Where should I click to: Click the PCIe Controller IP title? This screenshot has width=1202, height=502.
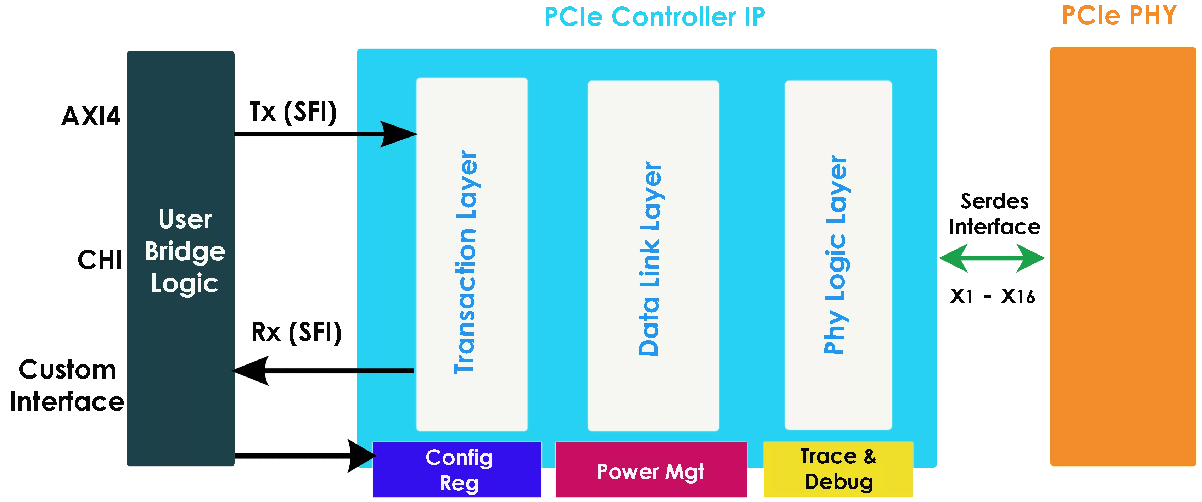654,18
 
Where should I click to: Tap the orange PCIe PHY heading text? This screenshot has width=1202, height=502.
1120,15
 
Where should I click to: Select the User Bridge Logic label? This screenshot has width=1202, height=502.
185,251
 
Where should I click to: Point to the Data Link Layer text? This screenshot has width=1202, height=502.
650,258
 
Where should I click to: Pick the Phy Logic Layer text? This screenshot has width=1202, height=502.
836,255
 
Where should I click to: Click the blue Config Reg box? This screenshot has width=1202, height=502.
457,470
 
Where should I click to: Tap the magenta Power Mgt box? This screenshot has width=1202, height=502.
651,471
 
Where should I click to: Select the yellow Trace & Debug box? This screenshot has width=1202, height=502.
838,469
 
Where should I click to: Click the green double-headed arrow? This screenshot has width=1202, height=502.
992,257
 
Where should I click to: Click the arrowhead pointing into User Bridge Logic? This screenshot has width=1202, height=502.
252,371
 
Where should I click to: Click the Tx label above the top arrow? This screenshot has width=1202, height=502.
293,112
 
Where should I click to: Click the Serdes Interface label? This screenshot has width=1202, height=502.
994,214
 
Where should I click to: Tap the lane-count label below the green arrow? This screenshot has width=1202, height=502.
992,296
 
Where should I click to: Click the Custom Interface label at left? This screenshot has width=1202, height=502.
67,384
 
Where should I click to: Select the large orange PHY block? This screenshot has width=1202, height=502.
1122,257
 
